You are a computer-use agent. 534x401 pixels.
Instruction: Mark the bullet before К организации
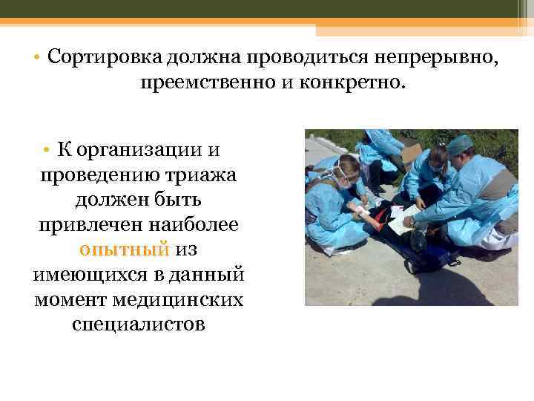click(45, 150)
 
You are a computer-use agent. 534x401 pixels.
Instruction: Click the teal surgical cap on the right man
click(460, 143)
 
